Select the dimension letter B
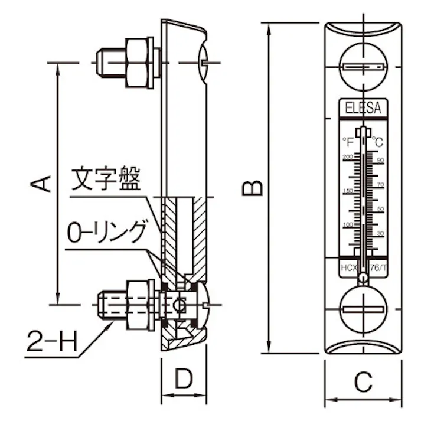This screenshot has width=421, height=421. point(254,187)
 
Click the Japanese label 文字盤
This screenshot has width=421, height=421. point(106,180)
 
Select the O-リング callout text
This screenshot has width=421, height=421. point(106,232)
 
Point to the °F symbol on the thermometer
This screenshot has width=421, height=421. point(348,142)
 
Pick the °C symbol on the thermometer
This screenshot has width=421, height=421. point(377,142)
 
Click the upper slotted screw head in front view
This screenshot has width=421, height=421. point(363,67)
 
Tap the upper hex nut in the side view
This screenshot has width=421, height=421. point(138,62)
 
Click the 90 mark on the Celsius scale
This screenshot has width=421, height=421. point(381,160)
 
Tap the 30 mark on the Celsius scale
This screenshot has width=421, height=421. point(381,234)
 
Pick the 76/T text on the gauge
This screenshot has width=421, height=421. point(379,268)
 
